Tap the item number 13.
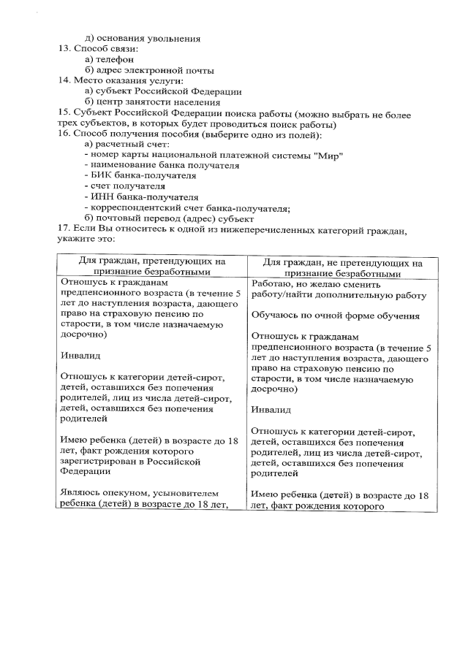pos(63,49)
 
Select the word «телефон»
pos(115,59)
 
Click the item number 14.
pos(63,80)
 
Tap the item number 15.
pos(63,112)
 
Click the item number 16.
pos(63,134)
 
